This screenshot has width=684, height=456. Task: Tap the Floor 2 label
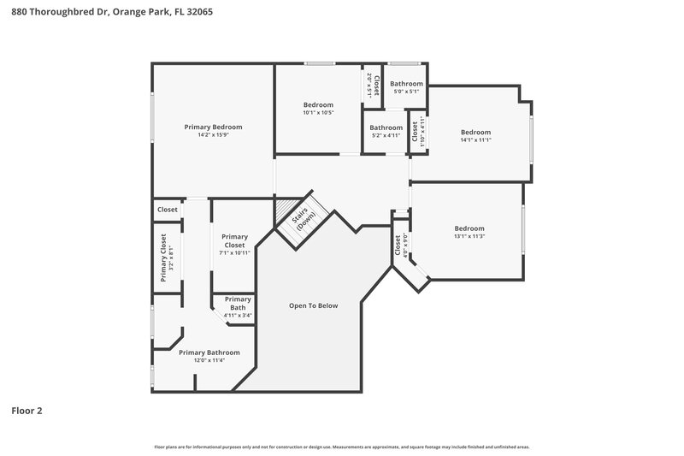point(27,411)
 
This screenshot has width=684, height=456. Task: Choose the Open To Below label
point(313,305)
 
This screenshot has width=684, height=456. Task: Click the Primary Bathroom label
point(209,352)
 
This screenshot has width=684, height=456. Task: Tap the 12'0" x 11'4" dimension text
point(209,360)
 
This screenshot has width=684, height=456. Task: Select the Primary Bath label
point(238,303)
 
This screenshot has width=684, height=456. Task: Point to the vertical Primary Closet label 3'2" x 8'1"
point(163,259)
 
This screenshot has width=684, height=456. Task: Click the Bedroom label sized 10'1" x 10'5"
point(318,104)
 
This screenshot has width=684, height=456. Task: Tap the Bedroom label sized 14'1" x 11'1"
point(475,132)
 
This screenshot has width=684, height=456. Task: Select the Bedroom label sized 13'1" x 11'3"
point(469,228)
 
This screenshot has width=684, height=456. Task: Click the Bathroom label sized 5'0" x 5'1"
point(406,84)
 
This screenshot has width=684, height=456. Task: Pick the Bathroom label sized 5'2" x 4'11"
point(386,127)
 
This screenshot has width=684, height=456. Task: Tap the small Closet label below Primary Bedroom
point(168,210)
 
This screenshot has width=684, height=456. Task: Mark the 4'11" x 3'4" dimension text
point(238,315)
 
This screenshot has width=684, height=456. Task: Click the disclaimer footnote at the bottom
point(342,447)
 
